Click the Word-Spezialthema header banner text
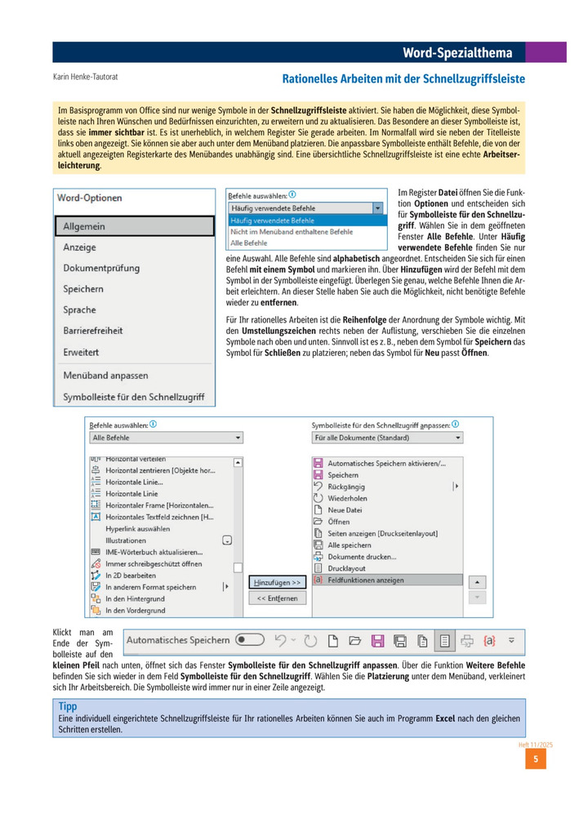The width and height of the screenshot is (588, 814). (x=457, y=53)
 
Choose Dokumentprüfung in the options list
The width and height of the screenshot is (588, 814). (x=101, y=268)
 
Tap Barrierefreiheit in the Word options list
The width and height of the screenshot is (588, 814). (x=93, y=331)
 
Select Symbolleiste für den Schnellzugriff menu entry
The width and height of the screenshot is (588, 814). (x=133, y=398)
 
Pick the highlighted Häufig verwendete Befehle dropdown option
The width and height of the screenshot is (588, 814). (x=273, y=220)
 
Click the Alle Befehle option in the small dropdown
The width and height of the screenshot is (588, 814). (x=248, y=242)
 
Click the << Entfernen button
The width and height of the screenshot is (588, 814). (x=277, y=598)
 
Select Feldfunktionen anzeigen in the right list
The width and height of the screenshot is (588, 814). (x=365, y=580)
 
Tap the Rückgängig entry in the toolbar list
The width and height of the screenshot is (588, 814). (x=346, y=486)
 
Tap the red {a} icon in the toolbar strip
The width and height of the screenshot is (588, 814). (x=489, y=640)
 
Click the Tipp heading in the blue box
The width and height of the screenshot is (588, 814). (x=68, y=705)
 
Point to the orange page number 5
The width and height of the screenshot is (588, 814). (x=535, y=759)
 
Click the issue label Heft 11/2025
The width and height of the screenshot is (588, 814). (x=537, y=744)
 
